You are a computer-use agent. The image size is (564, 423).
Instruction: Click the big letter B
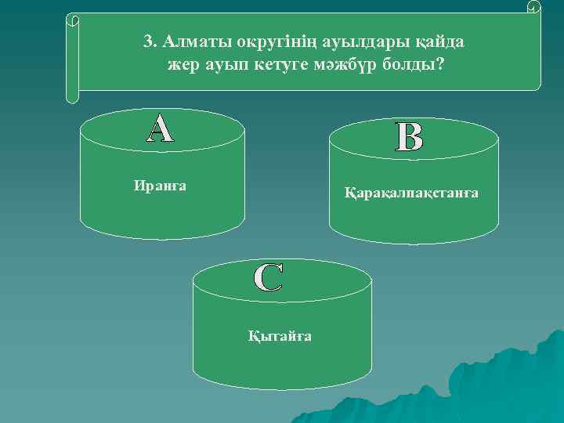(x=410, y=137)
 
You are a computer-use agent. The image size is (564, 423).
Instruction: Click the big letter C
(x=269, y=278)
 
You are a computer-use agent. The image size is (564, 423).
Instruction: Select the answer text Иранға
(x=160, y=186)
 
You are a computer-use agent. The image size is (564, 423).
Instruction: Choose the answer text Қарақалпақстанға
(x=411, y=193)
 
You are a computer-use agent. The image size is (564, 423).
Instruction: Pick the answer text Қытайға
(x=280, y=336)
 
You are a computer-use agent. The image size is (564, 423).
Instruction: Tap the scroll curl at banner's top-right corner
(x=534, y=8)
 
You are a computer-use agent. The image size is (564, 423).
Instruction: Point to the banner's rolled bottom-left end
(x=72, y=96)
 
